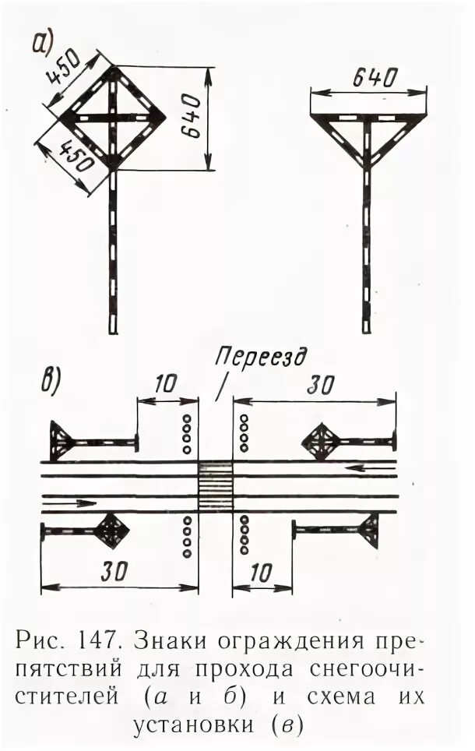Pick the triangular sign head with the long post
pos(368,132)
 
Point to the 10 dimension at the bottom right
pos(262,573)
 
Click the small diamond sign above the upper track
pos(320,442)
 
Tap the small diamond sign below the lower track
pos(111,531)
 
